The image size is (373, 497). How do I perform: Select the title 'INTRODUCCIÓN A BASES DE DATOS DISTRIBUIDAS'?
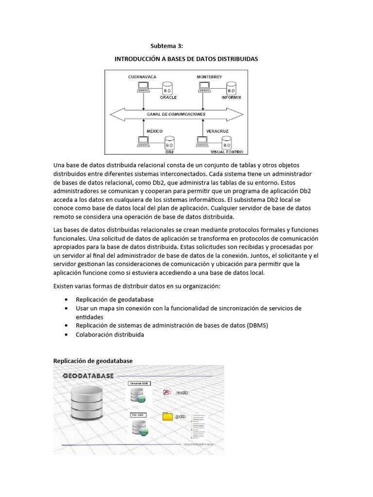point(186,59)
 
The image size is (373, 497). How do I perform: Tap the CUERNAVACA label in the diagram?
point(142,77)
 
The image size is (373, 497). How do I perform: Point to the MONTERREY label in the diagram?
point(209,77)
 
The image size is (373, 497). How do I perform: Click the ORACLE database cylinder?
point(168,89)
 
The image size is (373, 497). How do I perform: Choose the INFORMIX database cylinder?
point(231,89)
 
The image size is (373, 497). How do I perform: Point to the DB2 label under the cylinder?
point(170,151)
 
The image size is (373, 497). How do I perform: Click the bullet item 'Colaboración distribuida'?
point(110,335)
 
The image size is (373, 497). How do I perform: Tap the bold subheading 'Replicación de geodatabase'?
point(92,361)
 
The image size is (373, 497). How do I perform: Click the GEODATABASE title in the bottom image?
point(88,376)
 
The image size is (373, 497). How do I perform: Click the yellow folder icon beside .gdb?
point(168,416)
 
